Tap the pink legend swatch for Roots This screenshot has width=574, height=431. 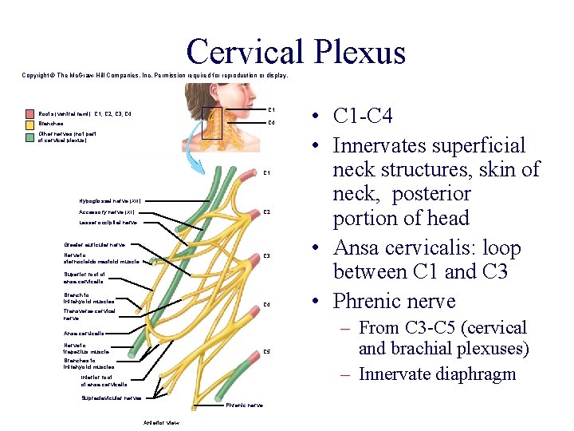(29, 114)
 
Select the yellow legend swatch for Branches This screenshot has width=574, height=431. (29, 124)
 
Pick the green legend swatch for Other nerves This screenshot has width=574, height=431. (29, 134)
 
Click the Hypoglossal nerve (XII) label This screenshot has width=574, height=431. (110, 200)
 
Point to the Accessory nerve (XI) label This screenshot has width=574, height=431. (106, 212)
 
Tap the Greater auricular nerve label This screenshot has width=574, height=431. (94, 244)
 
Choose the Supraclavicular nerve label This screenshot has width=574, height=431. (112, 397)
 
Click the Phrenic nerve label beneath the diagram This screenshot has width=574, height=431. (244, 405)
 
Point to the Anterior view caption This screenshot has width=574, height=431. (161, 421)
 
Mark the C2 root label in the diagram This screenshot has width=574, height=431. (268, 212)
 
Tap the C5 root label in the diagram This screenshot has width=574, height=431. (268, 351)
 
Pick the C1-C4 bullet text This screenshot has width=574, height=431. (363, 116)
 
